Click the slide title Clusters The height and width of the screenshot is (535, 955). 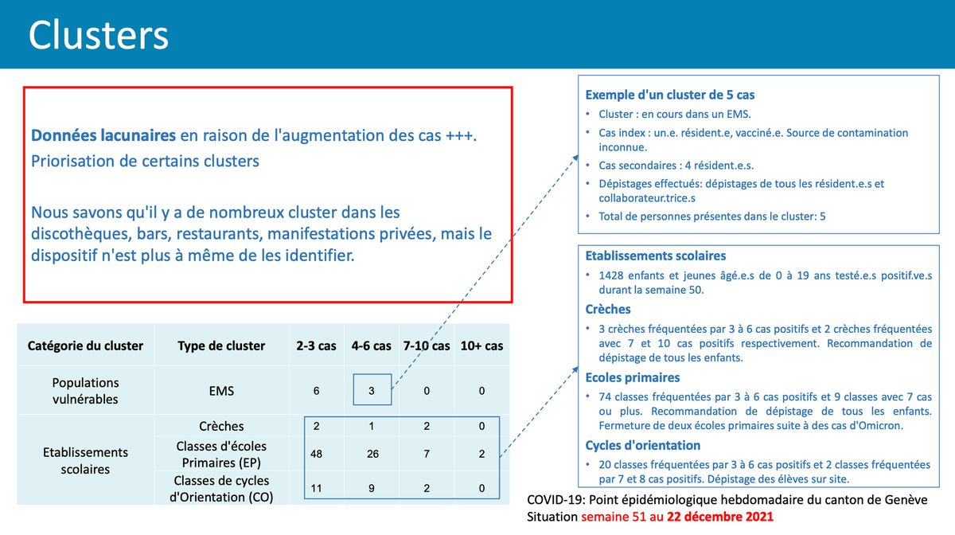(x=99, y=35)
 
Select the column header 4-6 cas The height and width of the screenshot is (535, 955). (x=372, y=346)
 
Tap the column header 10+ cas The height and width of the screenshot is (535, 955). (x=481, y=346)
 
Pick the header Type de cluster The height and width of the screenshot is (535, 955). (x=221, y=346)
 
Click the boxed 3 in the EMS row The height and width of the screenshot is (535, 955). (x=372, y=390)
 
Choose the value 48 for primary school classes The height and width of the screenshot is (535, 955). (x=317, y=455)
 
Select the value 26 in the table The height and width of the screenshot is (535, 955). (x=372, y=455)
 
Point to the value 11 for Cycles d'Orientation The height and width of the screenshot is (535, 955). (x=317, y=489)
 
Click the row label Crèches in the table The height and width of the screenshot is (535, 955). (x=221, y=427)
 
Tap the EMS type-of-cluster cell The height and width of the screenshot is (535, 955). (x=221, y=390)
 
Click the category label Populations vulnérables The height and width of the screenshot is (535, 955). (x=85, y=390)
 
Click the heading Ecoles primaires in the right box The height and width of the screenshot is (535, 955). (x=633, y=377)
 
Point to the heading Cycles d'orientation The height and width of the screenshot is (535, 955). (x=643, y=445)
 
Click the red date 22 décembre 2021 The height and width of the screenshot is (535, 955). (x=715, y=517)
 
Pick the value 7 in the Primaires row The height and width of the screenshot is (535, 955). (x=427, y=455)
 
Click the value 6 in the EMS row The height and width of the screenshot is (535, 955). (x=317, y=390)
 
